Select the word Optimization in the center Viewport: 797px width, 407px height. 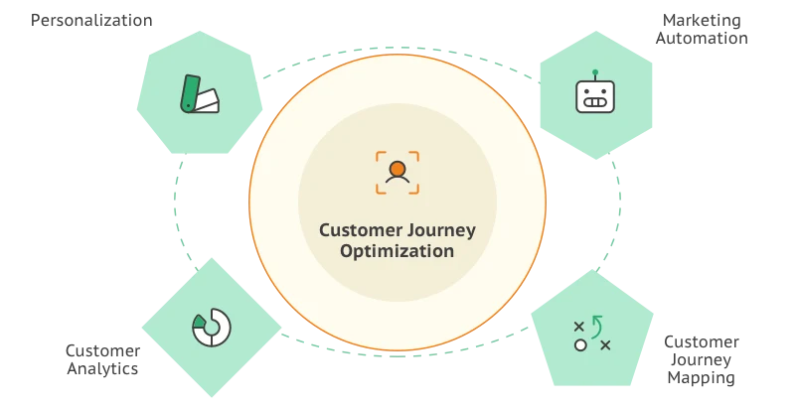398,252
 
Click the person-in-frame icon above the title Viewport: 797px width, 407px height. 398,172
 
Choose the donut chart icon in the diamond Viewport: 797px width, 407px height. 211,328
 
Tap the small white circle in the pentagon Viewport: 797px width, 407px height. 580,344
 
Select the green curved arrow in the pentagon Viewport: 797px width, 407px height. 597,325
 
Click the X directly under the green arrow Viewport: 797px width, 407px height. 605,344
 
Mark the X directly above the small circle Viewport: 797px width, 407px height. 580,326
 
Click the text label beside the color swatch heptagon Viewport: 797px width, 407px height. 94,22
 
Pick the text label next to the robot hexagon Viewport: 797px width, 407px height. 702,29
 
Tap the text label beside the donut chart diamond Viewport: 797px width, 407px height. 102,360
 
